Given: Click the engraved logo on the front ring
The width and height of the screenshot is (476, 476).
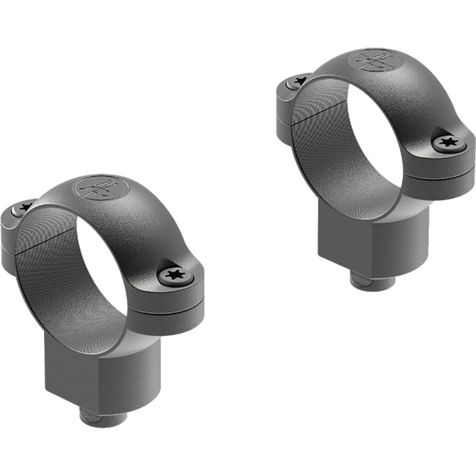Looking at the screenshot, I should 100,189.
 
